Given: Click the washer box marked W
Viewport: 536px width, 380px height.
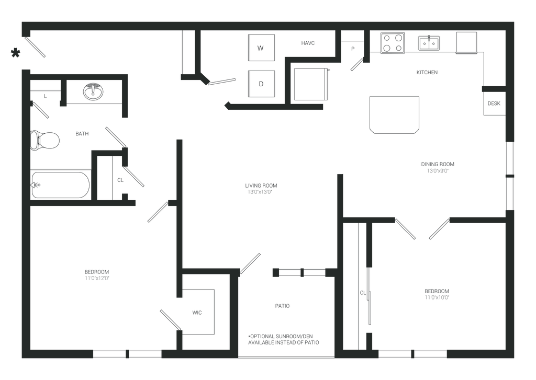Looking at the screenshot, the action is pos(261,48).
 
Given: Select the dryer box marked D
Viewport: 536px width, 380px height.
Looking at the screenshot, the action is pos(261,84).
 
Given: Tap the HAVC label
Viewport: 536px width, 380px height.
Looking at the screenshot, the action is pos(308,43).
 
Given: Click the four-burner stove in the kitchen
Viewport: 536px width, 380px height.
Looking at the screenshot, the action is pos(393,43).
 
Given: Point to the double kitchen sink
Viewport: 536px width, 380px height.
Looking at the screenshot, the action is pos(429,43).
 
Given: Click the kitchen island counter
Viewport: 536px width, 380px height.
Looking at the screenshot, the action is pos(395,114).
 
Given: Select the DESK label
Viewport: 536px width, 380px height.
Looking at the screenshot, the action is pos(494,103).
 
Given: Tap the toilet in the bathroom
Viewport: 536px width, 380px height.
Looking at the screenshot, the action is pos(45,140).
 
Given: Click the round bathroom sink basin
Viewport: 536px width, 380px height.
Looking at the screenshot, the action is pos(93,91).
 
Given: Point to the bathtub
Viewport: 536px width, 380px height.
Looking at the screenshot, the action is pos(61,185).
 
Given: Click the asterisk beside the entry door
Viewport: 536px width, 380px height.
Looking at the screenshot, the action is pos(15,53).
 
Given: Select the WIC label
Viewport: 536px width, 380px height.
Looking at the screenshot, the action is pos(197,313).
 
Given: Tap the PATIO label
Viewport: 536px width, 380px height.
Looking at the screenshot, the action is pos(282,306).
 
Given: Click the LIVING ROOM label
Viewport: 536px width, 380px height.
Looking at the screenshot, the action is pos(261,186).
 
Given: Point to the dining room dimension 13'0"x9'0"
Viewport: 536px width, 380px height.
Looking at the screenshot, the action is pos(438,171).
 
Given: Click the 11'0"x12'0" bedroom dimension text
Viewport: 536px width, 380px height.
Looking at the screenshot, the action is pos(97,278).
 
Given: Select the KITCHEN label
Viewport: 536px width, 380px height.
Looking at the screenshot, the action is pos(427,72).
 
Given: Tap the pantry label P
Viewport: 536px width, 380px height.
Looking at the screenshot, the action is pos(353,49).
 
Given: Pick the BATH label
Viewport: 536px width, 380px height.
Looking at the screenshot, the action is pos(82,133).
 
